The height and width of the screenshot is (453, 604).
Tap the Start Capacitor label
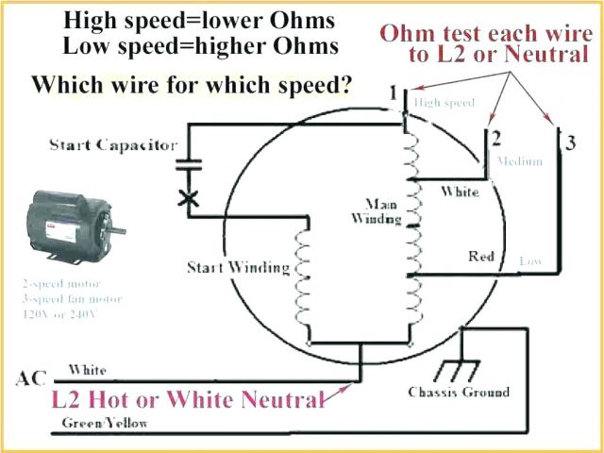pos(112,145)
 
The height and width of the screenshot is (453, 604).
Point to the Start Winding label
pos(238,267)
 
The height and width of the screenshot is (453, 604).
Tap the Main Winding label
pos(383,212)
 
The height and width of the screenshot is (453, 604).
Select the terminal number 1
pos(393,92)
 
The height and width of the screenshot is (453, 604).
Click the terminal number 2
pos(495,139)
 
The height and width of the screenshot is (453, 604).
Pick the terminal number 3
pos(570,143)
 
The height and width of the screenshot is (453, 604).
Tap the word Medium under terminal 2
pos(519,161)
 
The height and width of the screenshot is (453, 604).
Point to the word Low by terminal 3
pos(529,260)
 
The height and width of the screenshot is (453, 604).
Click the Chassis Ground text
pos(459,392)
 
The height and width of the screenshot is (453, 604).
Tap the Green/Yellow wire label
pos(105,424)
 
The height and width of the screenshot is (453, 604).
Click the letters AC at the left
pos(29,379)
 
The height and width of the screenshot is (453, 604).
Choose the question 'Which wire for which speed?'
pos(193,87)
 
